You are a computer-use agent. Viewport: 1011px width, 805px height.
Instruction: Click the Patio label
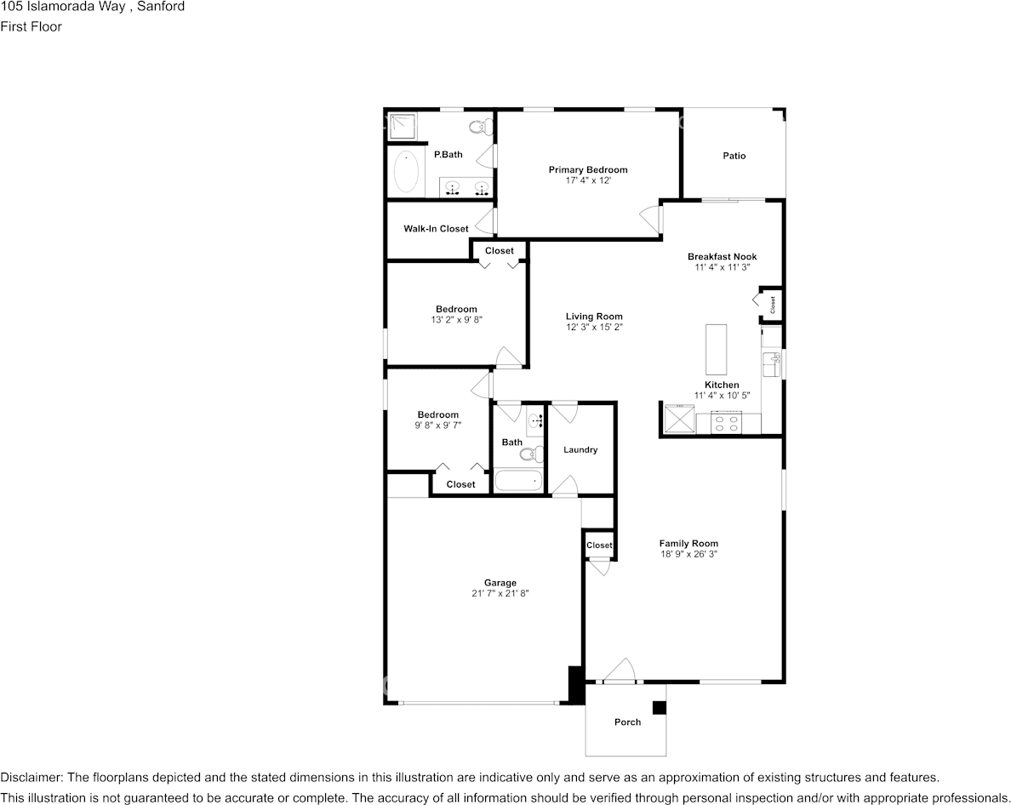pyautogui.click(x=734, y=156)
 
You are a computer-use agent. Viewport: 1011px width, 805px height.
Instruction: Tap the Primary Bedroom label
pyautogui.click(x=588, y=169)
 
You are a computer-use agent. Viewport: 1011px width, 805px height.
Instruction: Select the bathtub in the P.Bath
pyautogui.click(x=406, y=171)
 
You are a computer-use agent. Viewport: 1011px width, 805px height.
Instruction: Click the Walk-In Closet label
pyautogui.click(x=436, y=228)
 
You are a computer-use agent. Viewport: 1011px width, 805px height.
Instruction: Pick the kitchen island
pyautogui.click(x=716, y=350)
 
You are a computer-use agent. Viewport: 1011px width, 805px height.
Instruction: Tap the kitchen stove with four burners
pyautogui.click(x=726, y=423)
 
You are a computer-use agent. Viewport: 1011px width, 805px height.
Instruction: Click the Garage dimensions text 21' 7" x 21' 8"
pyautogui.click(x=500, y=594)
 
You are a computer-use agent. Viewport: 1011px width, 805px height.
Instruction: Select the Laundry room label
pyautogui.click(x=580, y=450)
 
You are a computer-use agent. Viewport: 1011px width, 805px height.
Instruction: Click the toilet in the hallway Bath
pyautogui.click(x=531, y=454)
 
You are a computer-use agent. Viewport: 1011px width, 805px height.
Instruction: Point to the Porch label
pyautogui.click(x=627, y=722)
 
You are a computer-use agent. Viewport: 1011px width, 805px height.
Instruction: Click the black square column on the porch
pyautogui.click(x=659, y=708)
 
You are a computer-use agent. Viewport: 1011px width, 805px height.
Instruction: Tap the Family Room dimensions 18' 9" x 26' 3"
pyautogui.click(x=688, y=554)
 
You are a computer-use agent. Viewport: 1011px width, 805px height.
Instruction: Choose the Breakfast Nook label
pyautogui.click(x=723, y=256)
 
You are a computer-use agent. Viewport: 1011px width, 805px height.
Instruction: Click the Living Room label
pyautogui.click(x=595, y=317)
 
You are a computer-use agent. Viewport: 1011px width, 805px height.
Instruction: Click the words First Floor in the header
pyautogui.click(x=31, y=26)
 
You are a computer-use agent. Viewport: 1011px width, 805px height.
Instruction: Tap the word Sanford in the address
pyautogui.click(x=161, y=7)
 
